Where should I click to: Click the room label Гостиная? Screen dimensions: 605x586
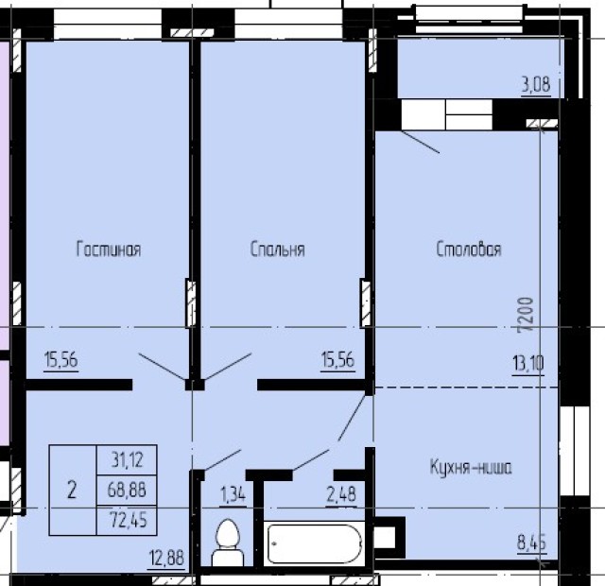pos(109,249)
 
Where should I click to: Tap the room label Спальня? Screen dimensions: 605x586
pos(277,250)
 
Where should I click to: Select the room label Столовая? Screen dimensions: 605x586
pos(469,249)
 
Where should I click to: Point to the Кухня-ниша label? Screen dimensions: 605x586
pos(471,467)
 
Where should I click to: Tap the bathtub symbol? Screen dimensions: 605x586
pos(315,543)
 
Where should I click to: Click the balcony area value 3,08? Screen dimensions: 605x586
pos(536,84)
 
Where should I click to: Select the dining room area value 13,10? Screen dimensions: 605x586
pos(528,363)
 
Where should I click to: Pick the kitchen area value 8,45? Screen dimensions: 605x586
pos(531,543)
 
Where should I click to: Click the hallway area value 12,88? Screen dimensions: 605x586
pos(167,559)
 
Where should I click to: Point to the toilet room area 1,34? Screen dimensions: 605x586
pos(233,494)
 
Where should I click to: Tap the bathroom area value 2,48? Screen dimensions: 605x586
pos(341,494)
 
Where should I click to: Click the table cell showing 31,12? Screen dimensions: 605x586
pos(127,460)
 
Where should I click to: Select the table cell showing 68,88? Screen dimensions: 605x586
pos(127,490)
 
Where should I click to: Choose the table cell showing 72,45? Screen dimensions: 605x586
pos(127,520)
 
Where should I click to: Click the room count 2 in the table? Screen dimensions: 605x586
pos(72,491)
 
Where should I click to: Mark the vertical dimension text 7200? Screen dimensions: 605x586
pos(526,315)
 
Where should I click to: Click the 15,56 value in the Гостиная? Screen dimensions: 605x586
pos(60,360)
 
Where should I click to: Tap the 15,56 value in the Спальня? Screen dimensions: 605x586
pos(337,360)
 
